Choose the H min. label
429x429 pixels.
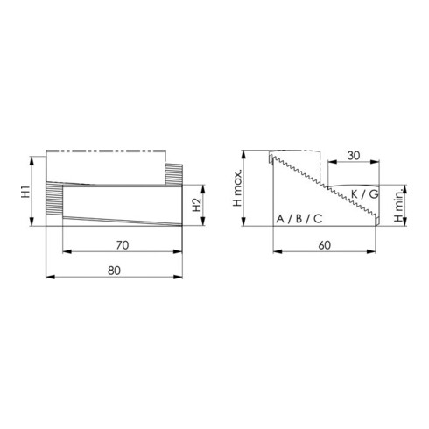pyautogui.click(x=397, y=208)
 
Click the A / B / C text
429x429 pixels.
pyautogui.click(x=299, y=217)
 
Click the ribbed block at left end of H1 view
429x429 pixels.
pyautogui.click(x=54, y=205)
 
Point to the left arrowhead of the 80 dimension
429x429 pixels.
pyautogui.click(x=47, y=278)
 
